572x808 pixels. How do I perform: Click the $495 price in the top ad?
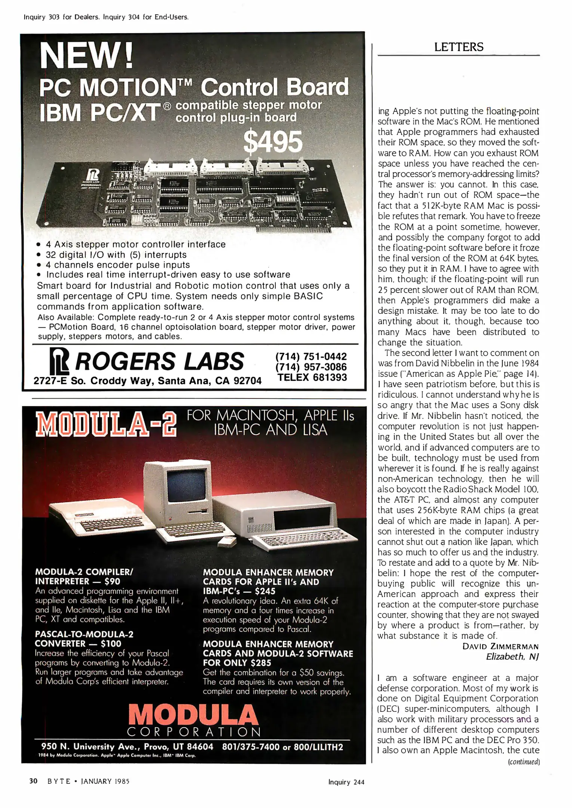pos(272,142)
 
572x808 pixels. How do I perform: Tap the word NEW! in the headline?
pos(86,56)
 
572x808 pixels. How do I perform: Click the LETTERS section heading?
pos(459,47)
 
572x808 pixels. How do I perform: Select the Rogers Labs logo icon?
pos(59,361)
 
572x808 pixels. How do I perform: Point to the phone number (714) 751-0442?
pos(311,356)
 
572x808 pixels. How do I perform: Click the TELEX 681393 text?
pos(312,377)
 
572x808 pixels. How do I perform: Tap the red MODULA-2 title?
pos(105,424)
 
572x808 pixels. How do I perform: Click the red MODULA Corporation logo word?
pos(193,715)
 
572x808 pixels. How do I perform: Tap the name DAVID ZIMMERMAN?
pos(500,646)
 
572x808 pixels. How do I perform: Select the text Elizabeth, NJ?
pos(512,656)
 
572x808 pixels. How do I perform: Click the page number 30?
pos(33,781)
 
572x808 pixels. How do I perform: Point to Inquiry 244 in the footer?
pos(346,782)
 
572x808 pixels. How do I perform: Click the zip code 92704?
pos(247,381)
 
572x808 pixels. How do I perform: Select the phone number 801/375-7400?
pos(251,747)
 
